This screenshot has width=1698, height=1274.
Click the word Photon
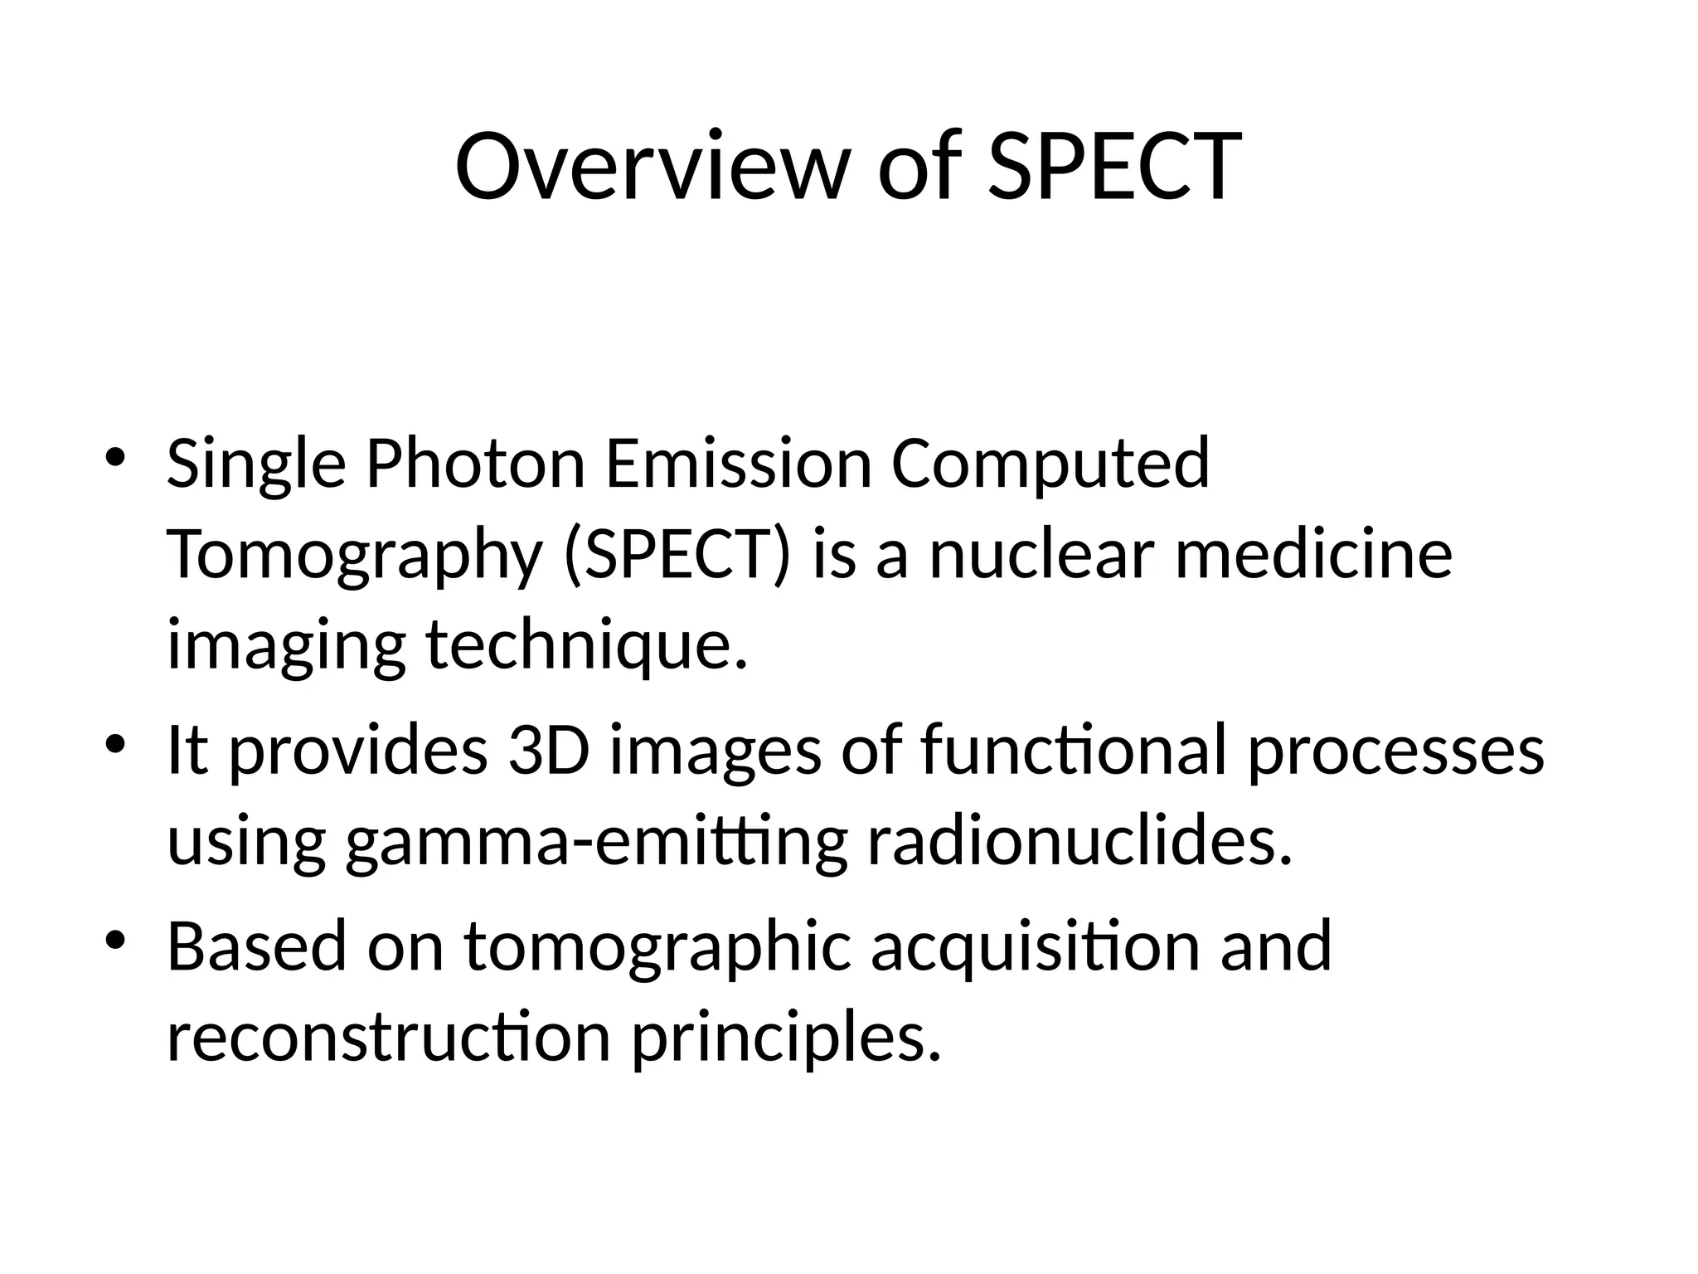(x=476, y=464)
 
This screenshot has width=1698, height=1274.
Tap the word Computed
(x=1050, y=464)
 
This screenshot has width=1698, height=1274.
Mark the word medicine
(x=1314, y=554)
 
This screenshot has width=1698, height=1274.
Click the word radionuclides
(x=1079, y=839)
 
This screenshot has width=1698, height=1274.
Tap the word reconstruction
(x=389, y=1037)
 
